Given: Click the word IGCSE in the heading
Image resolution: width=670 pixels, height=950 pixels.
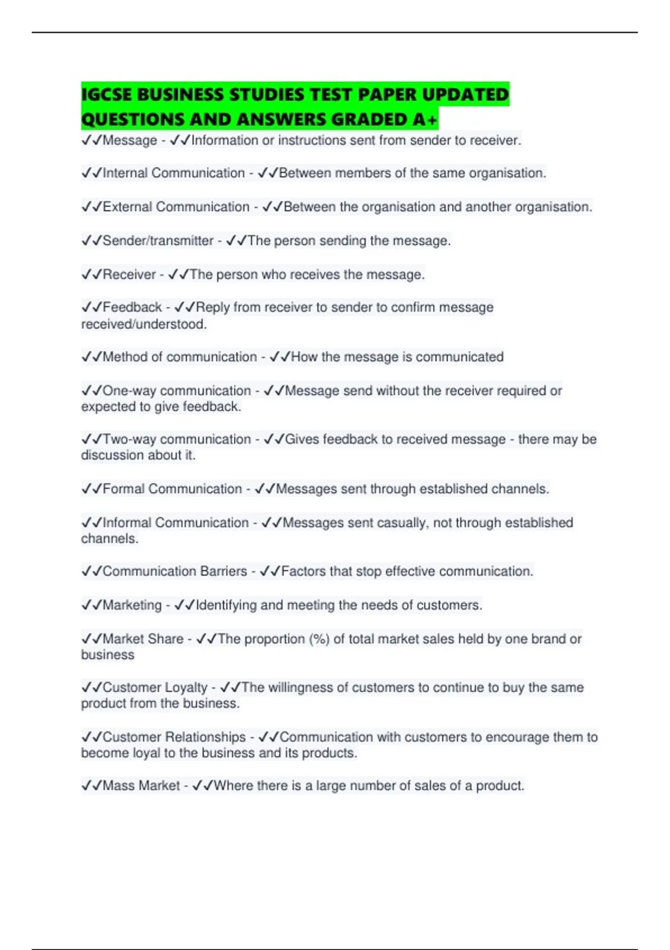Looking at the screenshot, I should [x=106, y=94].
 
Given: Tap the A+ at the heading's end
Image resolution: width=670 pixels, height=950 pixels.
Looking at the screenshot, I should [x=426, y=119].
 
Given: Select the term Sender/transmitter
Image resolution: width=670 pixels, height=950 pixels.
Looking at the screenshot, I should [x=158, y=241].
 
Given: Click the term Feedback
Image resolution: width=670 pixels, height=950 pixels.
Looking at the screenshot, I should [x=132, y=307].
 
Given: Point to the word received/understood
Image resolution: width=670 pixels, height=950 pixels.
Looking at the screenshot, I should [x=143, y=324].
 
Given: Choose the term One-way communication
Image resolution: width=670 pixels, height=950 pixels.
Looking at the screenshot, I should [x=176, y=391].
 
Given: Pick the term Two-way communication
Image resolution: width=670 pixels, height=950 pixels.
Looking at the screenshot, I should [x=176, y=439].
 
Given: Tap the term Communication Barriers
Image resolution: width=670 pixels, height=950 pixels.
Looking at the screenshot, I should [x=175, y=571].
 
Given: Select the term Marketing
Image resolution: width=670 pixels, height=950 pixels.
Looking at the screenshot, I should [x=132, y=605].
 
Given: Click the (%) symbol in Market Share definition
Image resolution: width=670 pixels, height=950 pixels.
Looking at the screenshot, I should [x=319, y=639].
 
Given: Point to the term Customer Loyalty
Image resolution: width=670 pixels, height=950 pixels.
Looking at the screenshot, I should [x=155, y=687].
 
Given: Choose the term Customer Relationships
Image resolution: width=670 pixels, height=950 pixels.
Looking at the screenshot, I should [x=174, y=737].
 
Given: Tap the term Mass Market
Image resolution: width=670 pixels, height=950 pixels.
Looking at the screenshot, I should [x=141, y=786].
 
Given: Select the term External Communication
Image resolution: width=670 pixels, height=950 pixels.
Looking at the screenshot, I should [x=176, y=207].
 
